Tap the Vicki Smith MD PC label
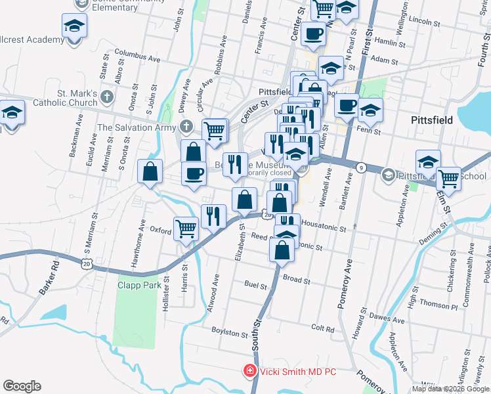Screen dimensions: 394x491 297,372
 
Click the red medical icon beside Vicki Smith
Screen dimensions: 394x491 249,372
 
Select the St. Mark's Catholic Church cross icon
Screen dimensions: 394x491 108,97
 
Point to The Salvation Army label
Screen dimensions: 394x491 137,127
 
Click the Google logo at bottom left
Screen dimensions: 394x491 22,386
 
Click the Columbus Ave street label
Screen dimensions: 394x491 137,55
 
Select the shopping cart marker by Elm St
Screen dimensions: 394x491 448,177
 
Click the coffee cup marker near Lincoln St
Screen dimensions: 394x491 312,33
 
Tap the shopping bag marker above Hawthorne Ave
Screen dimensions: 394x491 150,171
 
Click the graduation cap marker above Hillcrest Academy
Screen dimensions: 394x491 74,27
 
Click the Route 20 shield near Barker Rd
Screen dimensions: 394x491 88,262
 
